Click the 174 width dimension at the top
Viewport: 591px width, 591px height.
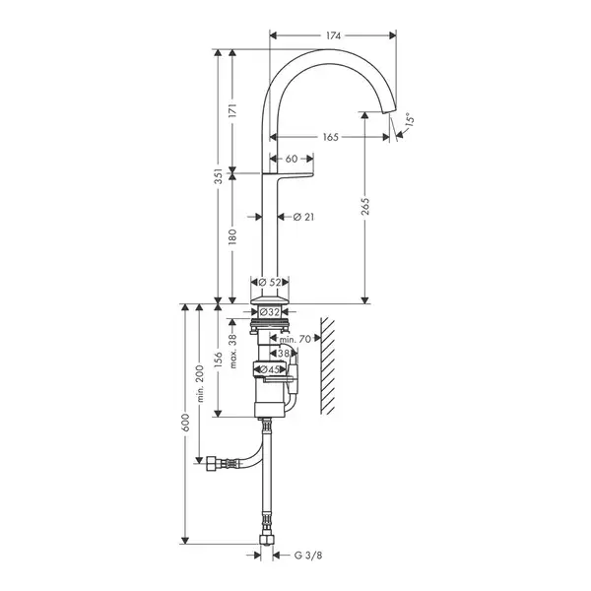click(333, 35)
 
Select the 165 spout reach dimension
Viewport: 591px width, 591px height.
click(331, 137)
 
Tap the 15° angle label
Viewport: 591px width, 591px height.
click(410, 120)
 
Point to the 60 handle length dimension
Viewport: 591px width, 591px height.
click(292, 159)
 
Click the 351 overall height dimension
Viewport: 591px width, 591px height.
click(218, 176)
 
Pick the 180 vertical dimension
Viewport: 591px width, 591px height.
click(232, 237)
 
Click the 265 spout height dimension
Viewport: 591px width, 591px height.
click(364, 206)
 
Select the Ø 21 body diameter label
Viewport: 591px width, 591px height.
click(303, 217)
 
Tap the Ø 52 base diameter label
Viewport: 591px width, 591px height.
click(270, 282)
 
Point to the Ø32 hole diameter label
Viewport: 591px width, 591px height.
click(270, 312)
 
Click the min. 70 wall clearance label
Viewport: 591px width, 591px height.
click(295, 339)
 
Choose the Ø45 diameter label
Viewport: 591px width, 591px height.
click(270, 369)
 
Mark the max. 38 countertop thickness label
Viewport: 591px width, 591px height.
click(232, 352)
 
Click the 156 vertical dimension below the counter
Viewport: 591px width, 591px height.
click(218, 360)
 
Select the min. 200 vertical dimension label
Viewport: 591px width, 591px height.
click(200, 383)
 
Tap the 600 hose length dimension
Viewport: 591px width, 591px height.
click(185, 423)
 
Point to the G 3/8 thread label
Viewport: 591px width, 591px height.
click(308, 556)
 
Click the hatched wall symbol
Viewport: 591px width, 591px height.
click(327, 365)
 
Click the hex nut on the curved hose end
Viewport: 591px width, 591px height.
click(211, 463)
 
